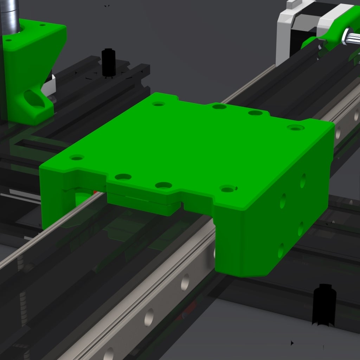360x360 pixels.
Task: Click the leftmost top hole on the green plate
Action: [x=77, y=157]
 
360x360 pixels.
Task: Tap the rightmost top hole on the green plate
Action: [x=296, y=128]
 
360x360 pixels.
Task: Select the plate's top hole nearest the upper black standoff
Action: [x=159, y=104]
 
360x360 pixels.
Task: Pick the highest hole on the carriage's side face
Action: [x=303, y=180]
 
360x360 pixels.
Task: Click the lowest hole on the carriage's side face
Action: [x=281, y=250]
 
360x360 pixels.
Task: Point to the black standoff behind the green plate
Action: [x=109, y=63]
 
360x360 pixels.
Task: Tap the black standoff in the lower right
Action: [x=324, y=304]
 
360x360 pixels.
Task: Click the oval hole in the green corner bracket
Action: [x=34, y=99]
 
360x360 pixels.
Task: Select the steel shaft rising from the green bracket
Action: [x=11, y=16]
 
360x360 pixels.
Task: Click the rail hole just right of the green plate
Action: [x=338, y=132]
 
